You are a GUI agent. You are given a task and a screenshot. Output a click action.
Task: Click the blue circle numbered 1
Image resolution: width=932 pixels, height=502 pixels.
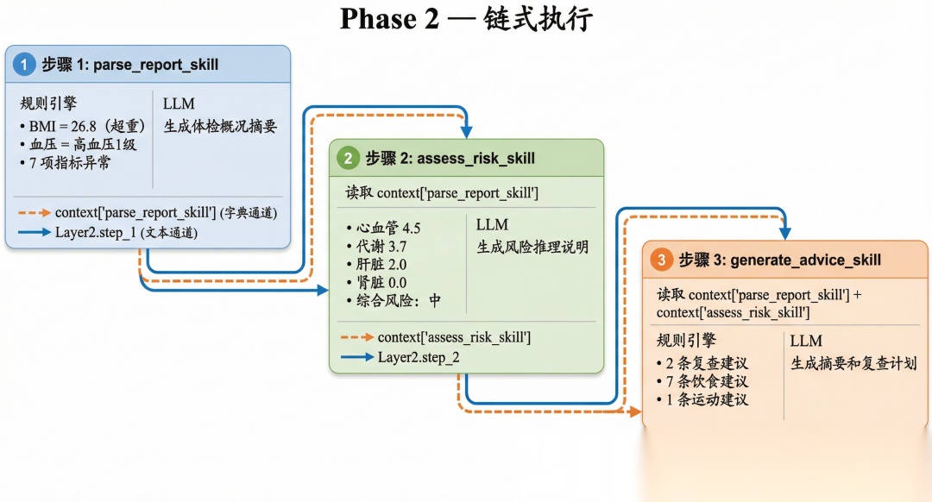24,64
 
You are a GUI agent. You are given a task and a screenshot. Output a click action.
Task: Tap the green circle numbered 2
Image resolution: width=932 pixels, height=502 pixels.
349,158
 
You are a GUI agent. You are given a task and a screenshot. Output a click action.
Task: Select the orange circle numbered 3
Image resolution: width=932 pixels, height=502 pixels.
662,260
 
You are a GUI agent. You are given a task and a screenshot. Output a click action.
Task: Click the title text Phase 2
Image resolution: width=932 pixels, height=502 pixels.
389,19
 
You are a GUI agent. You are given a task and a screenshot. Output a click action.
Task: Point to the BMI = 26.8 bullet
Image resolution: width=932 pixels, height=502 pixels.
83,126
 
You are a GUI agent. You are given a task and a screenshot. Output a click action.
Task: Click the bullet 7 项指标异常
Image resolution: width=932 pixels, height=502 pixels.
66,163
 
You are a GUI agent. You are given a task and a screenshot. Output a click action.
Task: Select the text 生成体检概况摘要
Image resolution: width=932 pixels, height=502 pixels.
221,126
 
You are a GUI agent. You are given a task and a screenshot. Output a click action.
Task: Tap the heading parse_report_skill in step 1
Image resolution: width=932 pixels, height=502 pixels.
155,65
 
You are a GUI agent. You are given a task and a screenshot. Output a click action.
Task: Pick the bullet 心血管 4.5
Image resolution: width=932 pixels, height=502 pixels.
384,228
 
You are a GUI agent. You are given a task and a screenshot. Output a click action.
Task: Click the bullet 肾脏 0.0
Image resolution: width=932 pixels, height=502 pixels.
377,282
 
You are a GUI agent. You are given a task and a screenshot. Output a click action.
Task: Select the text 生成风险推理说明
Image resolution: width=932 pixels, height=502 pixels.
532,248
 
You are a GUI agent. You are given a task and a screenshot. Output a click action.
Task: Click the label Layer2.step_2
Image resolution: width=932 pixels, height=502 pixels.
419,357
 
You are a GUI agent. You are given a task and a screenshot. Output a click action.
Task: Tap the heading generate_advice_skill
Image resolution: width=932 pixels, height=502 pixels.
805,260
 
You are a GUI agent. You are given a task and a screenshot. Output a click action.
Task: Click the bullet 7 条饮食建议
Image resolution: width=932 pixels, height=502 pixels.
702,381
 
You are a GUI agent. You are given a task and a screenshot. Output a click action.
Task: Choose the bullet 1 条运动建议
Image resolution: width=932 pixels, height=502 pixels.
702,400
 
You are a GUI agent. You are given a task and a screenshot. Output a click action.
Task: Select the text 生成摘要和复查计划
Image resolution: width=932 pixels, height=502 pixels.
853,363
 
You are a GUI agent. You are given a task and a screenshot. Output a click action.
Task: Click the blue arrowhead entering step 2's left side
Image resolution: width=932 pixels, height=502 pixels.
323,290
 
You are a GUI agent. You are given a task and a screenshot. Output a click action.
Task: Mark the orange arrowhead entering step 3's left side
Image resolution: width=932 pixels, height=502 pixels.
635,411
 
